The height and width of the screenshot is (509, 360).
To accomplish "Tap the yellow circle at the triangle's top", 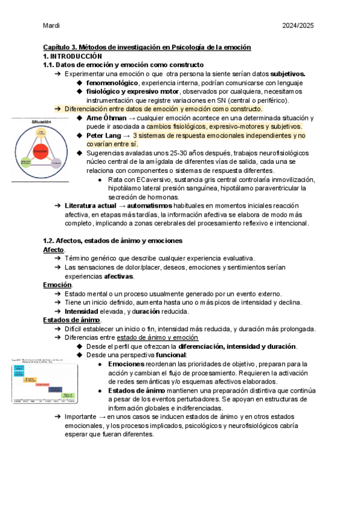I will click(40, 131).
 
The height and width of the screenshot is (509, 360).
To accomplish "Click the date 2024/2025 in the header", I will click(298, 26).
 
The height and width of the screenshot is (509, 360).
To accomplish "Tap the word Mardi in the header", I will click(52, 26).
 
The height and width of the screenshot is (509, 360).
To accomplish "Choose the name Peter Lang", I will click(103, 136).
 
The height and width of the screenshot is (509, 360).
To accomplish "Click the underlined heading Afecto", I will click(54, 250).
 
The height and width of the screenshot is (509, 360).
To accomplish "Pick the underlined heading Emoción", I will click(57, 285).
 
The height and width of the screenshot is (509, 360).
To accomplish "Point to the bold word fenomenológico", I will click(112, 82).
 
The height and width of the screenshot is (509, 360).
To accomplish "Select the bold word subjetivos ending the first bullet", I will click(287, 73).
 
